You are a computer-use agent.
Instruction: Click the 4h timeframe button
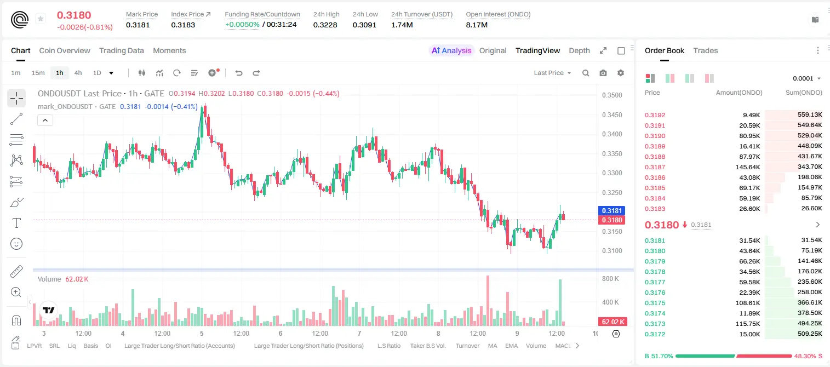(x=78, y=73)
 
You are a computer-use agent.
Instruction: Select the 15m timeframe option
(x=38, y=73)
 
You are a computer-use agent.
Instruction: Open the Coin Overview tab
(x=65, y=50)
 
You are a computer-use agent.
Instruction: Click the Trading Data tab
(x=122, y=50)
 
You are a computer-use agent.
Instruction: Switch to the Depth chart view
(x=579, y=50)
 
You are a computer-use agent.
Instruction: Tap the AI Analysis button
(x=451, y=50)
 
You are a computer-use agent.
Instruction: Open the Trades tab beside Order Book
(x=706, y=50)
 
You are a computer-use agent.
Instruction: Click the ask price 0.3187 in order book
(x=655, y=167)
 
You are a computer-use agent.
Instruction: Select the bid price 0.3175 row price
(x=655, y=302)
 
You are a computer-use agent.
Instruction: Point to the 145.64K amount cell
(x=747, y=167)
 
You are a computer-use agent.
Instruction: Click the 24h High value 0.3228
(x=325, y=25)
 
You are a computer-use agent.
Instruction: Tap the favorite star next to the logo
(x=41, y=19)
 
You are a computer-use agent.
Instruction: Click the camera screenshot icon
(x=603, y=73)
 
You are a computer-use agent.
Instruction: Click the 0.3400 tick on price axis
(x=612, y=134)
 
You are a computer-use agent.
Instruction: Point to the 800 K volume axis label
(x=611, y=278)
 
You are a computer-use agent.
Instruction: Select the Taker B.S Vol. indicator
(x=427, y=346)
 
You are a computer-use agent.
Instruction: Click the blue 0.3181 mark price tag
(x=612, y=211)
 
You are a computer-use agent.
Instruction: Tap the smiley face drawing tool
(x=16, y=244)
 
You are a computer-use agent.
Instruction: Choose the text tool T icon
(x=16, y=223)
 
